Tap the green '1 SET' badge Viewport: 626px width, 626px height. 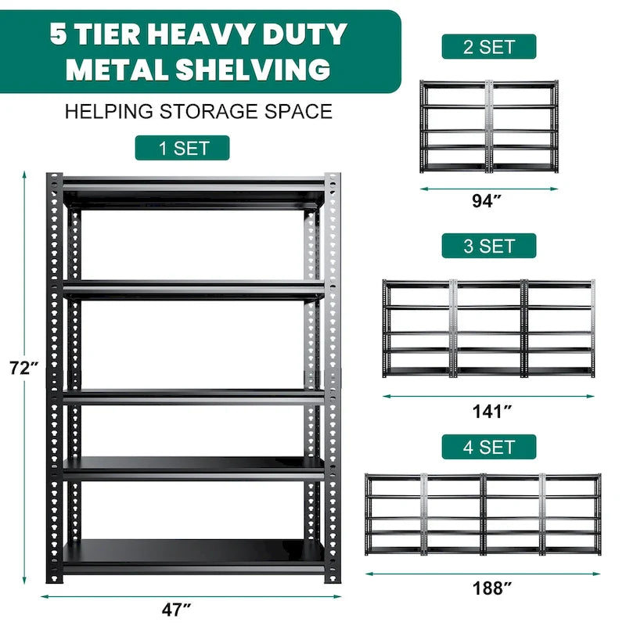(x=182, y=148)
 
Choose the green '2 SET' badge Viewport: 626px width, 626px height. (x=488, y=46)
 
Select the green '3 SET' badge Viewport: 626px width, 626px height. (x=488, y=246)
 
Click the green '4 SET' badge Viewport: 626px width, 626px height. (x=488, y=447)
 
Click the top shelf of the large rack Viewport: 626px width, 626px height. (x=193, y=188)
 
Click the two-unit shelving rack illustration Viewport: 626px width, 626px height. (x=488, y=126)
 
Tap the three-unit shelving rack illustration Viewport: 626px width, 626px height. (x=488, y=329)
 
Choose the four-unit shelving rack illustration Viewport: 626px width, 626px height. (x=483, y=514)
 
